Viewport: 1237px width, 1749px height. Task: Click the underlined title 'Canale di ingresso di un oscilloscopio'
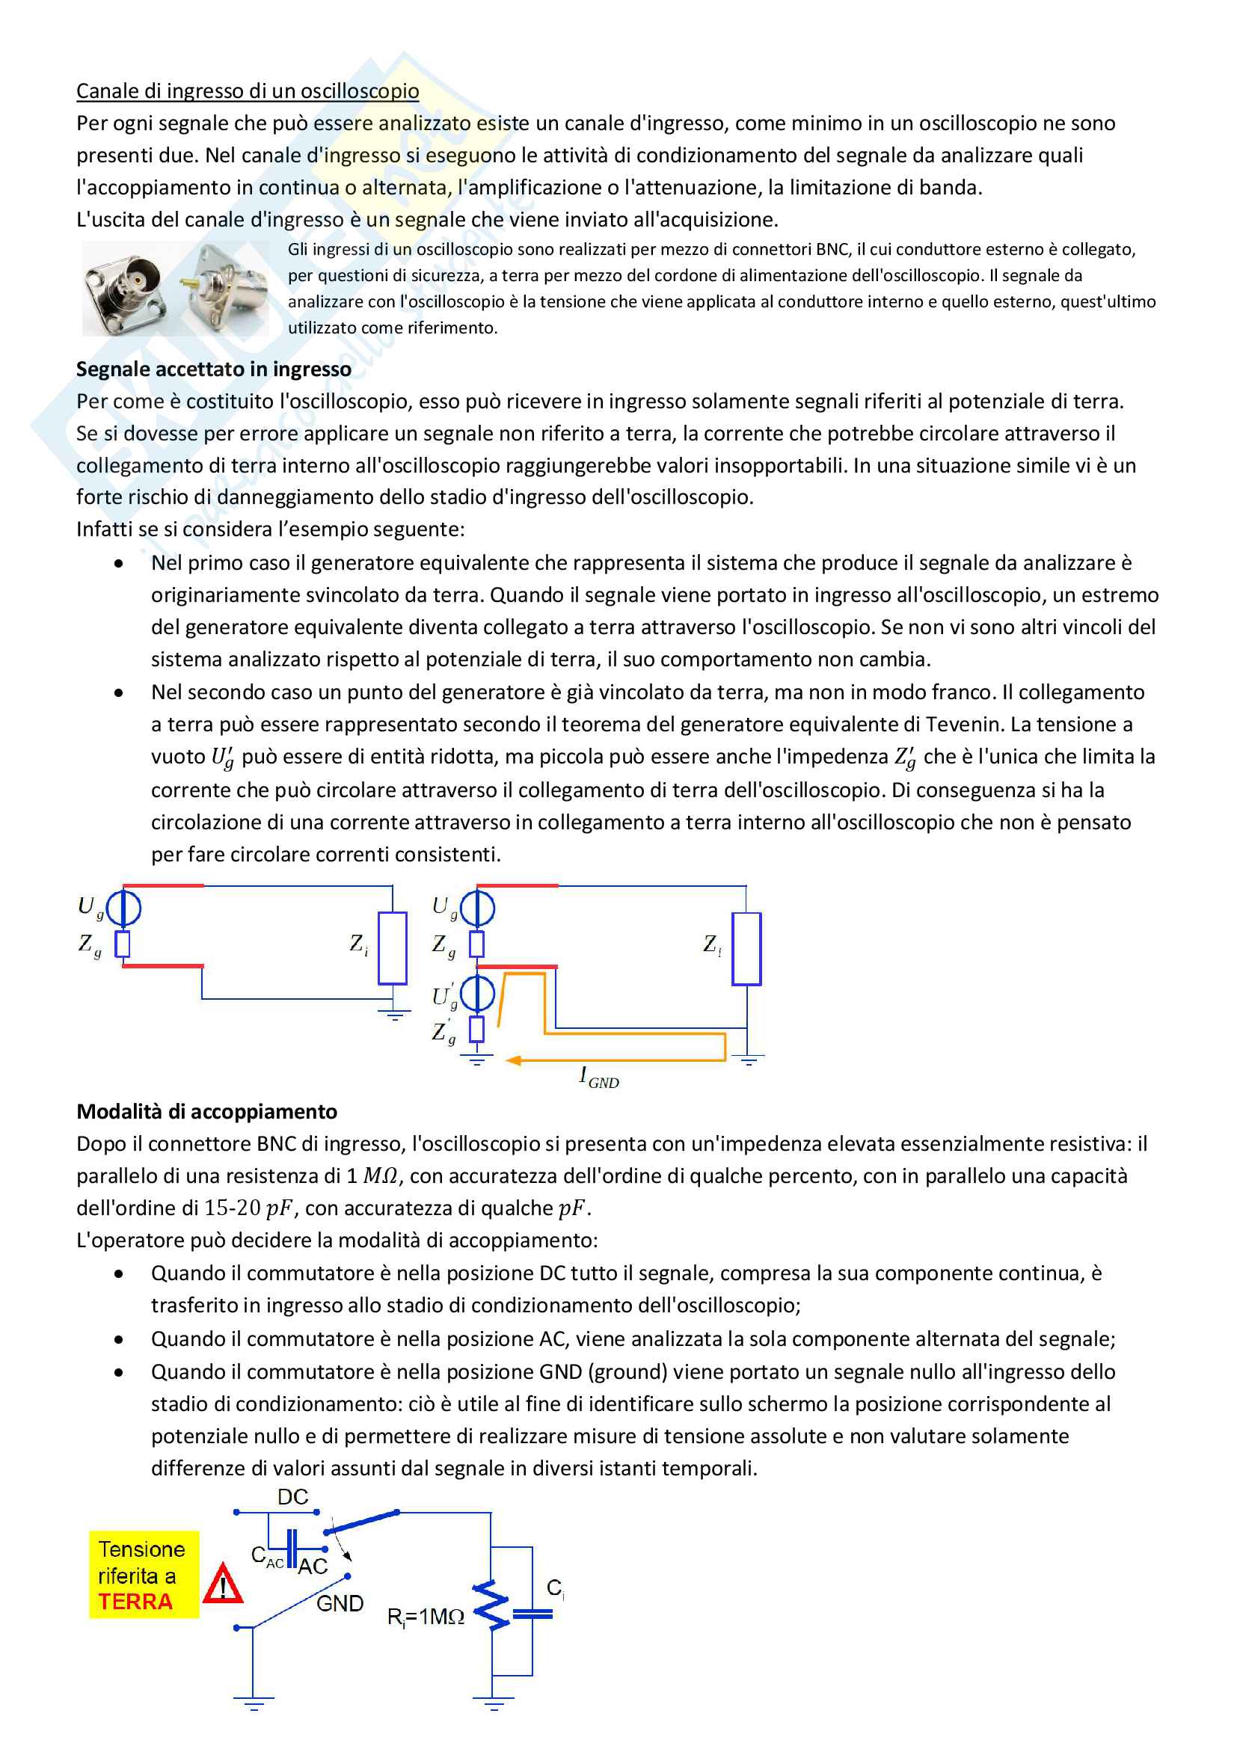(248, 91)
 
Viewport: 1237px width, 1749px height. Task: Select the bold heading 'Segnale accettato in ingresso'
(213, 369)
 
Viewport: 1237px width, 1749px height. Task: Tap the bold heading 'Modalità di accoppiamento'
(206, 1111)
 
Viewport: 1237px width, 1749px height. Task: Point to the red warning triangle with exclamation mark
(223, 1584)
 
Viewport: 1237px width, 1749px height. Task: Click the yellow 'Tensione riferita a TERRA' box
(143, 1576)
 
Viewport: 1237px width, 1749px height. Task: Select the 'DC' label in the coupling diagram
(292, 1498)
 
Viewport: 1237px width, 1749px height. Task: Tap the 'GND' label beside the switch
(340, 1603)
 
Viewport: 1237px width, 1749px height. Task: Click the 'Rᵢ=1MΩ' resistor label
(425, 1617)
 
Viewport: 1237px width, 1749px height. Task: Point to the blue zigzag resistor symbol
(492, 1605)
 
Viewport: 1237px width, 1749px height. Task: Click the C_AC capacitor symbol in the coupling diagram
(292, 1549)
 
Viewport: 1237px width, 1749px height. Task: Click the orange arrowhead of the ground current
(513, 1060)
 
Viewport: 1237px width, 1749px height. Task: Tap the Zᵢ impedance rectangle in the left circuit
(393, 947)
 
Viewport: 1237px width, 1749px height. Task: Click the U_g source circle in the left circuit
(123, 908)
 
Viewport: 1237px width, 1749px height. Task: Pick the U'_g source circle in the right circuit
(477, 992)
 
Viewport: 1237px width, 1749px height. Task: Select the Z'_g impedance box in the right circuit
(477, 1029)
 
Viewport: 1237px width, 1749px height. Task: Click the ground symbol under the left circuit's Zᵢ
(393, 1014)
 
